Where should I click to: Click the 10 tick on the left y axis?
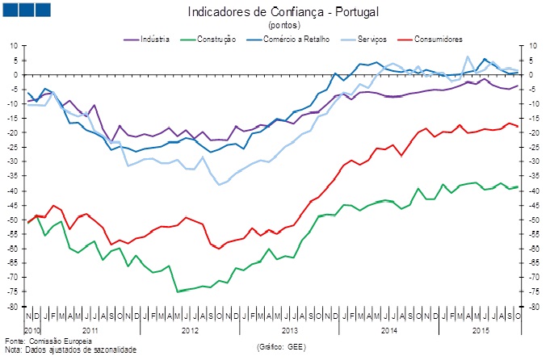(x=14, y=46)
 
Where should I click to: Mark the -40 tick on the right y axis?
(x=534, y=190)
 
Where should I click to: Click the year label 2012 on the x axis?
(x=190, y=331)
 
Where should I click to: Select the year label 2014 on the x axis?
(x=388, y=331)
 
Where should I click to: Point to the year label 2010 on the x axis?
(x=32, y=331)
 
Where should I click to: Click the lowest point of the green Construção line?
(x=178, y=291)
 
